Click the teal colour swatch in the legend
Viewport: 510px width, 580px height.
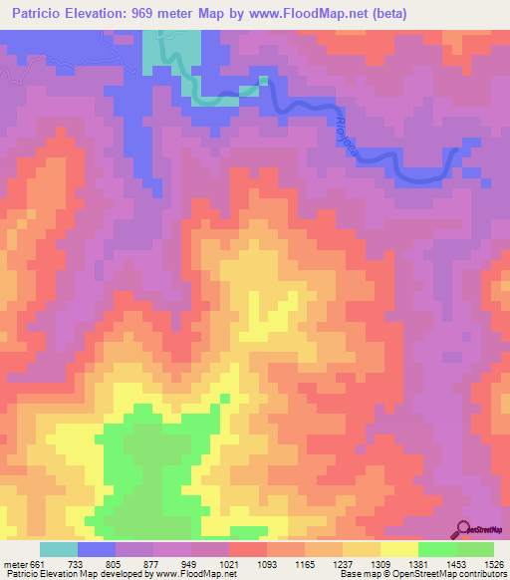(x=59, y=549)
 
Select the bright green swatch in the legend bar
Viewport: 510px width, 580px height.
(x=436, y=549)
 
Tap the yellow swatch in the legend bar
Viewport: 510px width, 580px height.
(x=398, y=549)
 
